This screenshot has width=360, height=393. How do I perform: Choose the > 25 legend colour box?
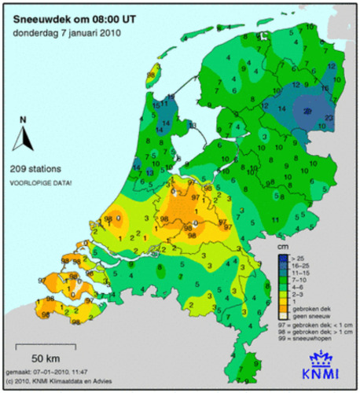click(282, 258)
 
